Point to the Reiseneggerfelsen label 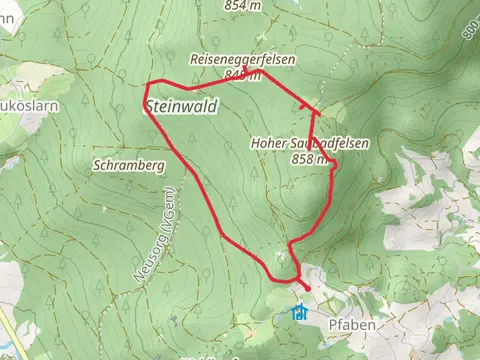click(x=243, y=60)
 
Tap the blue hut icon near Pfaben click(x=298, y=312)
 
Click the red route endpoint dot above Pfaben click(x=306, y=288)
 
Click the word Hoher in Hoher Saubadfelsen click(x=267, y=144)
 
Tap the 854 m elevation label click(x=243, y=5)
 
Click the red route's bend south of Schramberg click(x=221, y=233)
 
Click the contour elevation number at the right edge click(x=470, y=30)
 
